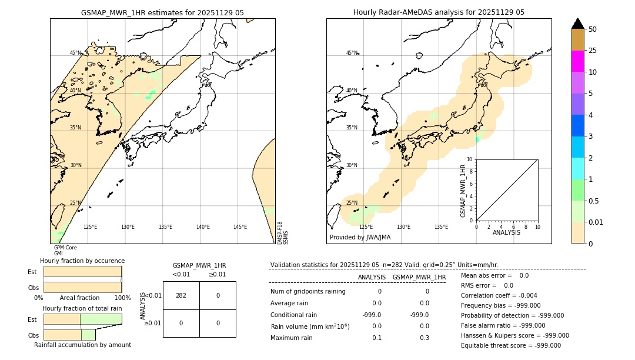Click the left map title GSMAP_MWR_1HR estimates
[162, 12]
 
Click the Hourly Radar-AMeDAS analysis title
[439, 12]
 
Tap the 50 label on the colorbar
[593, 29]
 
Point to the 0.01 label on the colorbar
[596, 222]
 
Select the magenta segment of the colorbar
[577, 61]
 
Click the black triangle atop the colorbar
[577, 24]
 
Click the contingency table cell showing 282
[181, 295]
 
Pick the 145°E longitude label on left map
[240, 227]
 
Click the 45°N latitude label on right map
[351, 53]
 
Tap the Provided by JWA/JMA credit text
[360, 238]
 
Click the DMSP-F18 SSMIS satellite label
[282, 233]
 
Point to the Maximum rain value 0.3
[424, 338]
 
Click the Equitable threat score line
[510, 345]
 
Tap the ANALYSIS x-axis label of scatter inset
[506, 232]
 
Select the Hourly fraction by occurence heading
[82, 261]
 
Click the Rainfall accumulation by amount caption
[82, 345]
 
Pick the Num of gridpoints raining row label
[308, 292]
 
